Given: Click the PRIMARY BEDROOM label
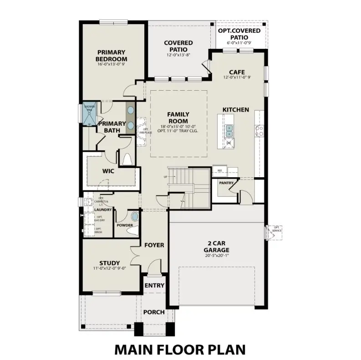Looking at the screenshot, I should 111,55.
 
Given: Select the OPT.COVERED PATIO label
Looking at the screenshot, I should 239,34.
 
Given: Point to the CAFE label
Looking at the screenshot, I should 237,72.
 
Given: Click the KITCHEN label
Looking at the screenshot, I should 236,109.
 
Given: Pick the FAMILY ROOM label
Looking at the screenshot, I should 178,118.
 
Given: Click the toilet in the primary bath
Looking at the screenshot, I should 127,159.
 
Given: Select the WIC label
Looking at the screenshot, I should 108,171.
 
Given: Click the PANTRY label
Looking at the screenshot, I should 226,183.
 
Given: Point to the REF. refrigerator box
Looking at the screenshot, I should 220,170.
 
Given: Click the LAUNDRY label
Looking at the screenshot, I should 103,210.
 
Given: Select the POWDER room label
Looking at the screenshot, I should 124,225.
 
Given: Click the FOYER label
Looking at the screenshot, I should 154,245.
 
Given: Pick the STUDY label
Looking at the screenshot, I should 110,263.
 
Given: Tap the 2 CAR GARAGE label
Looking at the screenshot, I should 216,247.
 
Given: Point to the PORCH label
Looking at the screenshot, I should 154,312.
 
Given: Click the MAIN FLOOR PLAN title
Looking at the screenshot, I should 180,349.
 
